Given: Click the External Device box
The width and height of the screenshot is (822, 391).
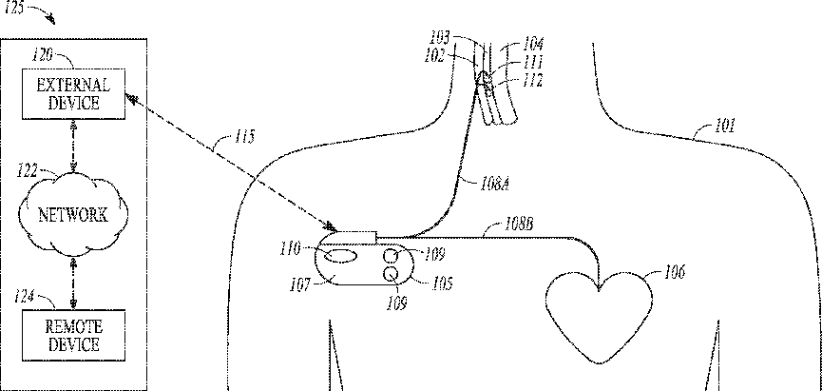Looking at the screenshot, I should coord(73,94).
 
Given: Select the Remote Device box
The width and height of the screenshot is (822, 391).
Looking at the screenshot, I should coord(73,335).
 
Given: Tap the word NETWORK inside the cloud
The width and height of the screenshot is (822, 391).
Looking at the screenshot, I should coord(72,215).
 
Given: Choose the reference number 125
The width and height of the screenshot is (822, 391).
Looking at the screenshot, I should coord(15,8).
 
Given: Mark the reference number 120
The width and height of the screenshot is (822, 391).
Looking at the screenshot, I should coord(43,57).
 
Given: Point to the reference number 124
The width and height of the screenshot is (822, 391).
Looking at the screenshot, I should coord(26,298).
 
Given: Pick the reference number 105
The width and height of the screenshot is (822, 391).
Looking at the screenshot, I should coord(443,282).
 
